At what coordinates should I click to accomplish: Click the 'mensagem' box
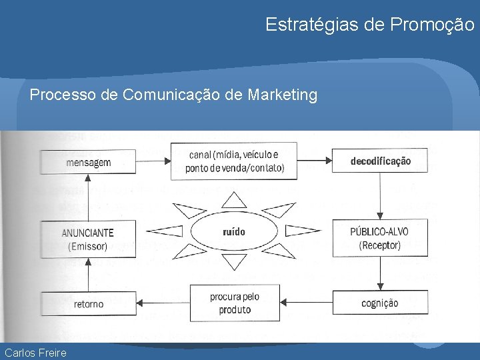pyautogui.click(x=89, y=163)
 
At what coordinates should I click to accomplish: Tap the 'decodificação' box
pyautogui.click(x=380, y=161)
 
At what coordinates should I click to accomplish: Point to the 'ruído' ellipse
pyautogui.click(x=234, y=232)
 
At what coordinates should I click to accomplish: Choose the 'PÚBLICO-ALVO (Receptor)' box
pyautogui.click(x=379, y=238)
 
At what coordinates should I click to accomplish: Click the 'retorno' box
pyautogui.click(x=89, y=303)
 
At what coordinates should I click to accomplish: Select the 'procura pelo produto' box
pyautogui.click(x=235, y=303)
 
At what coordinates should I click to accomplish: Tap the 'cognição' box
pyautogui.click(x=379, y=303)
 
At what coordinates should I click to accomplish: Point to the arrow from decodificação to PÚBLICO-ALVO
pyautogui.click(x=379, y=197)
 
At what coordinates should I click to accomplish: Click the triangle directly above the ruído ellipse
pyautogui.click(x=234, y=199)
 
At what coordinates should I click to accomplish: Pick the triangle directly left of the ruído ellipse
pyautogui.click(x=165, y=232)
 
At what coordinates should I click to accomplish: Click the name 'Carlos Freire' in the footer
pyautogui.click(x=35, y=352)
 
